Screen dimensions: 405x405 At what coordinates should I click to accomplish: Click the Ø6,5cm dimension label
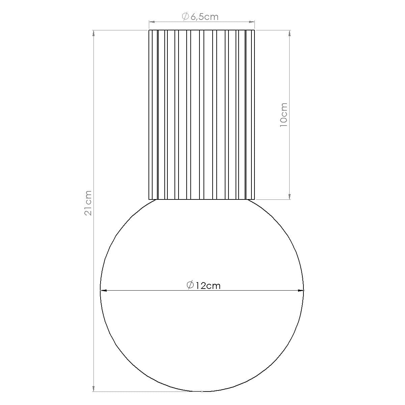click(200, 17)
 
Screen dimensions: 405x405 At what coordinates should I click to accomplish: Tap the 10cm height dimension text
click(283, 115)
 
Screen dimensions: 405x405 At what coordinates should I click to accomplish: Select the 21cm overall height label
click(88, 203)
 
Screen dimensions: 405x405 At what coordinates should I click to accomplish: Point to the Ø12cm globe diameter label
click(204, 286)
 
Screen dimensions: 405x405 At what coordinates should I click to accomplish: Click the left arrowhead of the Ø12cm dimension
click(103, 290)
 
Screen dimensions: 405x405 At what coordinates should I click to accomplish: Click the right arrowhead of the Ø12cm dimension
click(301, 290)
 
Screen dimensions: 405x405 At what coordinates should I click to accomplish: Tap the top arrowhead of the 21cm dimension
click(93, 33)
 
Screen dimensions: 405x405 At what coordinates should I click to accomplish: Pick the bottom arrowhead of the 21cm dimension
click(93, 389)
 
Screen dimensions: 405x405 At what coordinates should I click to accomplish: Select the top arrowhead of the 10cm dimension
click(290, 33)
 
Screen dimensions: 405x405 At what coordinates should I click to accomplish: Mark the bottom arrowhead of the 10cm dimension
click(290, 196)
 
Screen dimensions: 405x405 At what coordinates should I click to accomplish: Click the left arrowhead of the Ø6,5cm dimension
click(152, 22)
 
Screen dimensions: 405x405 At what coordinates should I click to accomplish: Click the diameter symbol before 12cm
click(190, 285)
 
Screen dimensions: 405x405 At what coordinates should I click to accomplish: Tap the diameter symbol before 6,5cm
click(185, 17)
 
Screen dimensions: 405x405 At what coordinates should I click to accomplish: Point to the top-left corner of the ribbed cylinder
click(149, 30)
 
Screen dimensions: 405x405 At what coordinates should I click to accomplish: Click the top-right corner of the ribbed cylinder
click(254, 30)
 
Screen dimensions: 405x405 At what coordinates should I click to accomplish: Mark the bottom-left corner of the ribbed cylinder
click(149, 199)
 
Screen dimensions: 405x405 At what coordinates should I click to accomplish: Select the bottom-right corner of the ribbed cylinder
click(254, 199)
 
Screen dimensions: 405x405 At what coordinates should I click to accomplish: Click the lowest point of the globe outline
click(202, 391)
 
